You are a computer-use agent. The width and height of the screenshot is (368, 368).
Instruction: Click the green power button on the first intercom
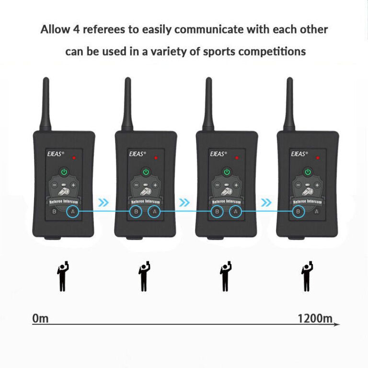64,172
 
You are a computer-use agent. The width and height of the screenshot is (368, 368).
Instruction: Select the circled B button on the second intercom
136,211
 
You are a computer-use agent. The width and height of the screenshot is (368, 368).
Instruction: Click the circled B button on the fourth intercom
299,211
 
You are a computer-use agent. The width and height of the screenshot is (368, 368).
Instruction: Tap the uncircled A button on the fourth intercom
317,211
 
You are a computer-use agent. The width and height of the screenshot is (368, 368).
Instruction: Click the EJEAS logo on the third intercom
219,154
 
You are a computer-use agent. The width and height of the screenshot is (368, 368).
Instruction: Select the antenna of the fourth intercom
289,103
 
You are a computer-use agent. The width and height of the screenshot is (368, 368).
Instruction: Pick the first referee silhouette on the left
62,276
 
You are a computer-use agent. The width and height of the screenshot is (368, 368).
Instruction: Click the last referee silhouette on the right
306,276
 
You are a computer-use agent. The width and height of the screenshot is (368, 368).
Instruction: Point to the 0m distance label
40,318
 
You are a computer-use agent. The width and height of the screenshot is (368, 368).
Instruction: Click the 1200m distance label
314,318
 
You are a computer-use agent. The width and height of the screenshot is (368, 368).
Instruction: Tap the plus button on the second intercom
155,185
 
